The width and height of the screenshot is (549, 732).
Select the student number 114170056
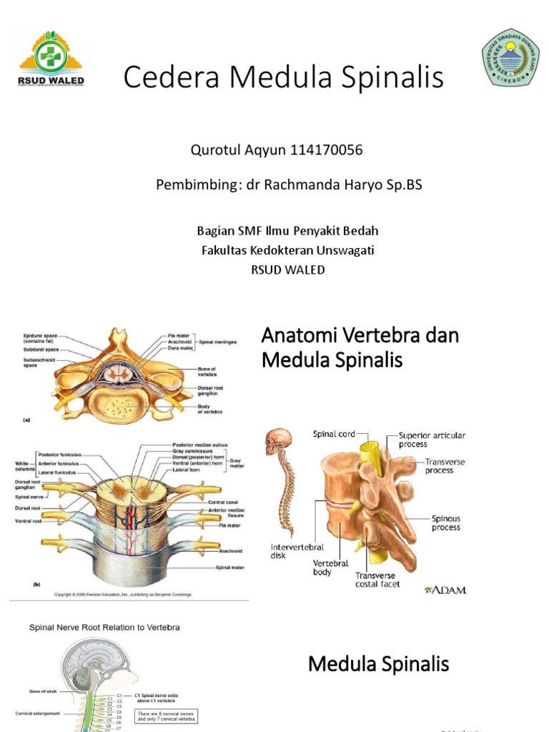click(x=327, y=150)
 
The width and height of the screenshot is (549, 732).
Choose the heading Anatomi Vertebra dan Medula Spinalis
click(x=360, y=347)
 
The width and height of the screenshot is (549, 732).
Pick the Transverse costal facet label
click(x=377, y=579)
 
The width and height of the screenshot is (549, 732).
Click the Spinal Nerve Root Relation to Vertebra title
click(x=104, y=628)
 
